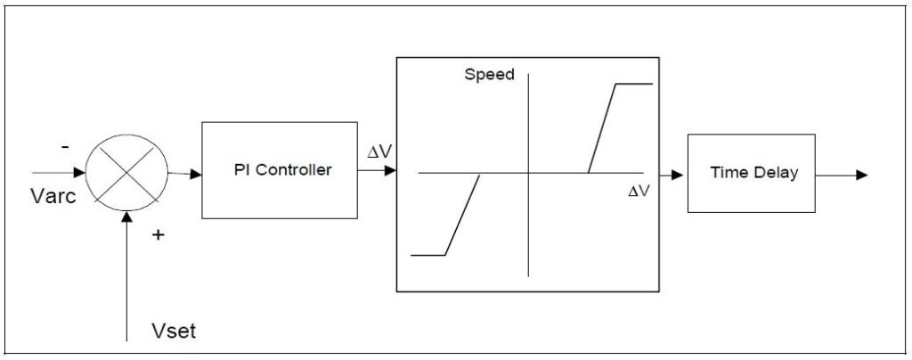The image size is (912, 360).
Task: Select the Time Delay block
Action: coord(751,173)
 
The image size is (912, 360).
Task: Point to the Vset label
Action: coord(173,332)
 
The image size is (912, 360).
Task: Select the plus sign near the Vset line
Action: coord(159,235)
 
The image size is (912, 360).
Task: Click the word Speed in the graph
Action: coord(489,75)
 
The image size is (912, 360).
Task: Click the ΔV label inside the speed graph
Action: coord(638,191)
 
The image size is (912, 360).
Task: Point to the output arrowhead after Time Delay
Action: coord(861,175)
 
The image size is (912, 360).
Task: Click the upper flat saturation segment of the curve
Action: coord(632,84)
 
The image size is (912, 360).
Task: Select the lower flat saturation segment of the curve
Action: coord(427,256)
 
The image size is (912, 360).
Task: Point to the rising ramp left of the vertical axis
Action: coord(462,215)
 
